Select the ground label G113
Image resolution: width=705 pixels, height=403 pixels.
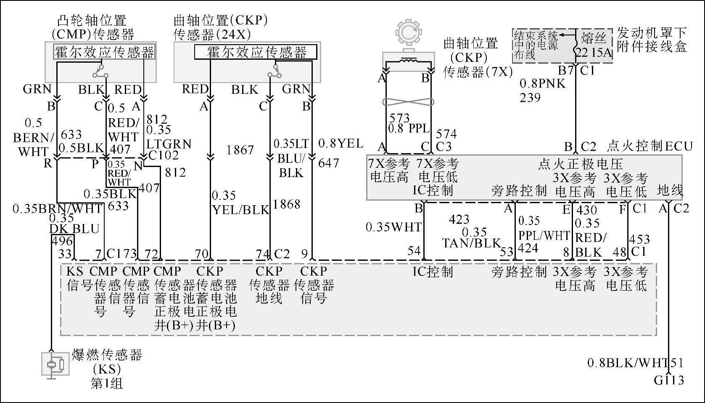click(x=669, y=380)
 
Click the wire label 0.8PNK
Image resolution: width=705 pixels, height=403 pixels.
click(x=542, y=83)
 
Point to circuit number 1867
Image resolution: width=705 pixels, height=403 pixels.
click(x=240, y=150)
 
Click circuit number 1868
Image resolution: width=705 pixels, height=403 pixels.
click(x=287, y=204)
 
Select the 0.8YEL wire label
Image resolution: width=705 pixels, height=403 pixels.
click(x=341, y=144)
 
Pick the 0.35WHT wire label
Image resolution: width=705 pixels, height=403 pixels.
click(x=393, y=227)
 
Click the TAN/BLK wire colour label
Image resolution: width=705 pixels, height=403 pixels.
click(x=472, y=243)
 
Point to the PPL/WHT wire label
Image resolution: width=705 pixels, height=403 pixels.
click(x=544, y=236)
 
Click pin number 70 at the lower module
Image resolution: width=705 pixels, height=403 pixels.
click(x=201, y=254)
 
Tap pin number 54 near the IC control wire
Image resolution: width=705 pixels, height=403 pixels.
click(x=414, y=251)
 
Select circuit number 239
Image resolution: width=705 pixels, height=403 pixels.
click(x=530, y=98)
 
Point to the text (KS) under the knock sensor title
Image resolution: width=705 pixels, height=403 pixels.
click(x=107, y=369)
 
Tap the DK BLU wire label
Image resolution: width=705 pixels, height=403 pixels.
click(x=74, y=229)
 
